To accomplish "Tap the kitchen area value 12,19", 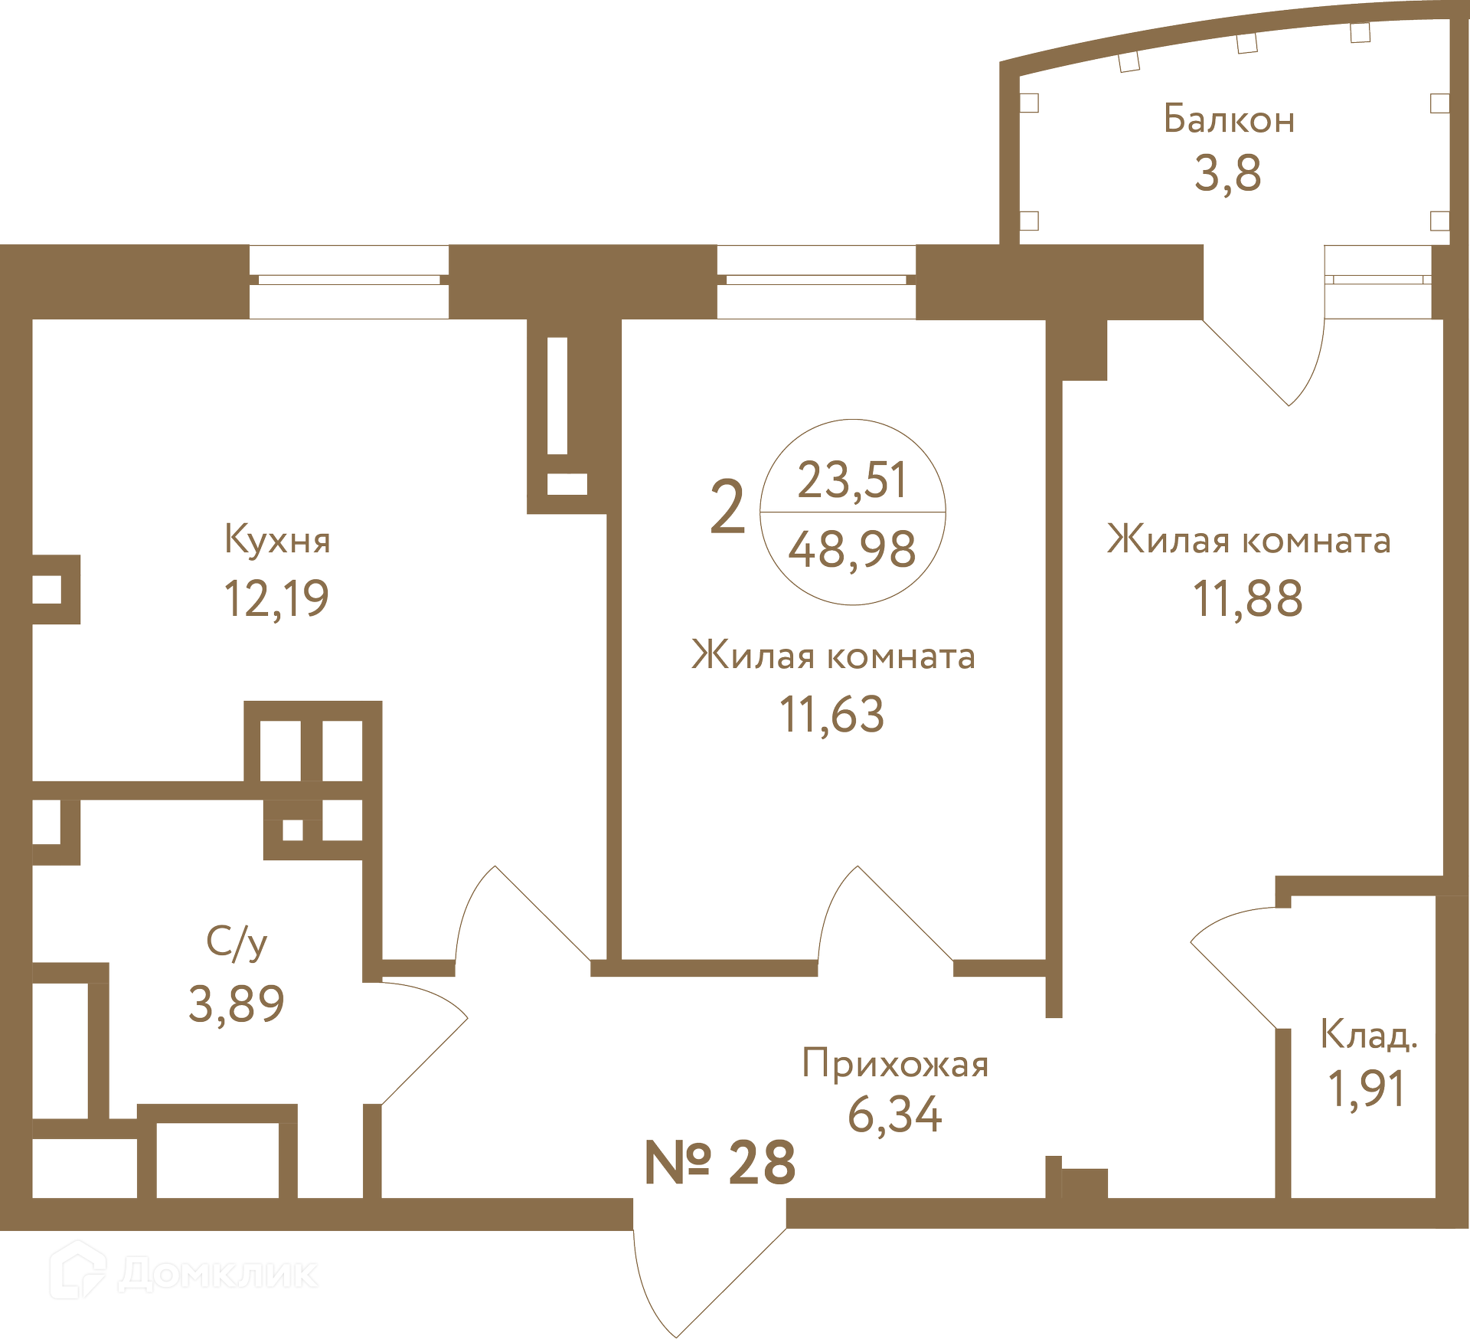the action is coord(276,598).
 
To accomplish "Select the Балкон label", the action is coord(1229,119).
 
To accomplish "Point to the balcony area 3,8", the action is coord(1228,173).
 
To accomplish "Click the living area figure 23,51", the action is coord(852,480).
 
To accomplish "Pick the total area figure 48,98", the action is coord(852,549).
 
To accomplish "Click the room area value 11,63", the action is coord(832,715).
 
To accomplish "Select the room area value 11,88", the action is coord(1248,598).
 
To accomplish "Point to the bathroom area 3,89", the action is coord(237,1004).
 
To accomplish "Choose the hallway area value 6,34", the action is coord(895,1115).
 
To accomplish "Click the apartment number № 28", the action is coord(720,1162).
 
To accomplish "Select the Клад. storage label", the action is coord(1369,1034).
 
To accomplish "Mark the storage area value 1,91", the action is coord(1367,1089).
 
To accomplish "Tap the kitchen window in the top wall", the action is coord(349,281).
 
